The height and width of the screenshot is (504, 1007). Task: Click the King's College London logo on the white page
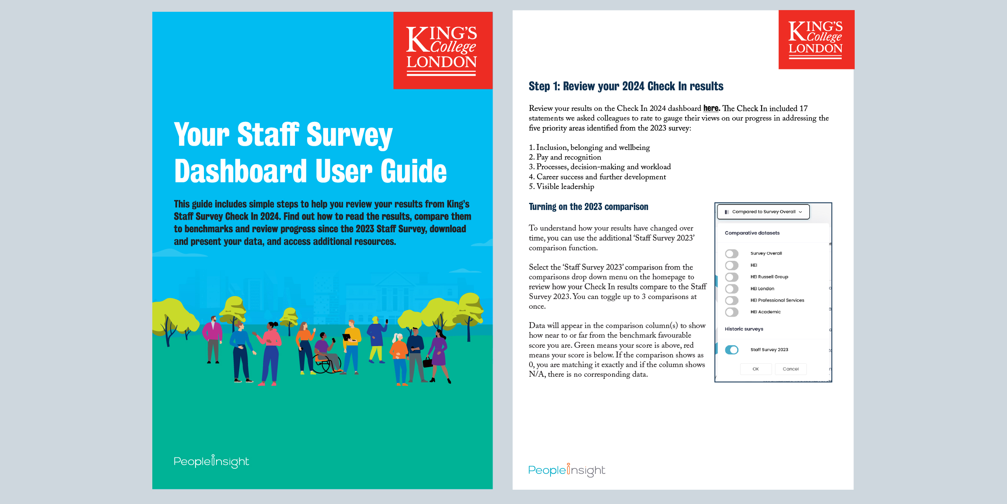coord(816,40)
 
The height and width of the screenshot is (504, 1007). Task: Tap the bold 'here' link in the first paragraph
coord(711,108)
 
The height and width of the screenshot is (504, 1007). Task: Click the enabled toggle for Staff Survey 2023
coord(731,350)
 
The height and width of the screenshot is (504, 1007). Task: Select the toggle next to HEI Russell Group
coord(731,277)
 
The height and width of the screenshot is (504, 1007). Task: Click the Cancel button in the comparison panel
coord(790,369)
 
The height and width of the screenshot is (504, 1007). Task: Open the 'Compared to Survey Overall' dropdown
coord(763,212)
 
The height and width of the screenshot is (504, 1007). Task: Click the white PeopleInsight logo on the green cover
coord(211,462)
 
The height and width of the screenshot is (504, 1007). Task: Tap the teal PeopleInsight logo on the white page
coord(566,470)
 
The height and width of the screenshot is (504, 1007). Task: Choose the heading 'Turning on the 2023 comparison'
coord(588,207)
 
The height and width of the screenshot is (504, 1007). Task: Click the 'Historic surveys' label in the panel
coord(744,329)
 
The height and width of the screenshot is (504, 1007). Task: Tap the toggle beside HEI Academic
coord(731,312)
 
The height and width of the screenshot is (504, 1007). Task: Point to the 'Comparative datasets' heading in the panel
coord(752,233)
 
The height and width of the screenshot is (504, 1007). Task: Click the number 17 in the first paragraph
coord(803,108)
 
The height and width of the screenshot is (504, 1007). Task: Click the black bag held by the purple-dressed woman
coord(428,362)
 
